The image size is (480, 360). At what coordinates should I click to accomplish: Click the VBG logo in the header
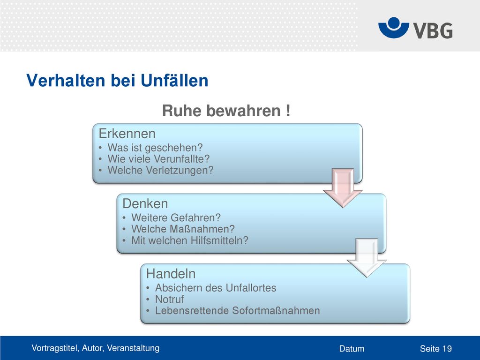coord(415,28)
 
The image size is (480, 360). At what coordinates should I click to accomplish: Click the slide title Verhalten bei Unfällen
coord(117,81)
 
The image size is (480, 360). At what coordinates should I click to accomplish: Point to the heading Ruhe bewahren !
coord(226,111)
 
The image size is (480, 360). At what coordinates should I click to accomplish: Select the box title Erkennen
coord(127,134)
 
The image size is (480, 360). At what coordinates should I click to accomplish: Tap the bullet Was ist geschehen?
coord(155,148)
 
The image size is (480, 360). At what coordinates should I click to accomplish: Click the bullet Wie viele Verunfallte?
coord(158,159)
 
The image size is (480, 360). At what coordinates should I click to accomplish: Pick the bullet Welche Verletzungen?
coord(160,170)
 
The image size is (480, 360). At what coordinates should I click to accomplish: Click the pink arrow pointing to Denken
coord(343,188)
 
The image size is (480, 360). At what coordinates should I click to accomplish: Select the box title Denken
coord(145,203)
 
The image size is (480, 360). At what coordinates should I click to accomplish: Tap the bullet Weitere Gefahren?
coord(176,217)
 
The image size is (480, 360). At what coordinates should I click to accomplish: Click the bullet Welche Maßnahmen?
coord(183,229)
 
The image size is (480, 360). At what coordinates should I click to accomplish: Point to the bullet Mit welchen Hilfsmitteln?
coord(190,240)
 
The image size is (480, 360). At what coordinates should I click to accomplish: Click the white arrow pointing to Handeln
coord(367,258)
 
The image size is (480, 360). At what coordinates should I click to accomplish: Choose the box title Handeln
coord(171,274)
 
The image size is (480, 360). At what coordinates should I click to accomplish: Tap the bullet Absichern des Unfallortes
coord(216,288)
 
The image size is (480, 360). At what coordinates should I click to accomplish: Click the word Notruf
coord(170,299)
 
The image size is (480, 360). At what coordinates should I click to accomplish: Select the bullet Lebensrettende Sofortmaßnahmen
coord(238,310)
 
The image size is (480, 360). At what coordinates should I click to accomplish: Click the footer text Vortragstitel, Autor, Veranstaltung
coord(96,348)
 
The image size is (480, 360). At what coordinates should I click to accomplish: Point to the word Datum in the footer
coord(352,349)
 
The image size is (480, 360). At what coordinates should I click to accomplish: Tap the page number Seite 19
coord(436,349)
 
